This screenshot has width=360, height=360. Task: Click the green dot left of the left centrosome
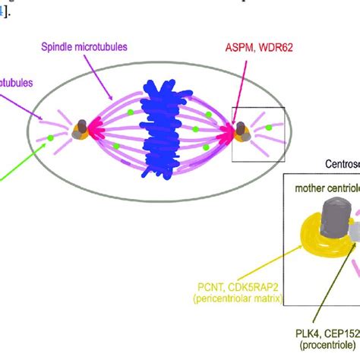50,137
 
